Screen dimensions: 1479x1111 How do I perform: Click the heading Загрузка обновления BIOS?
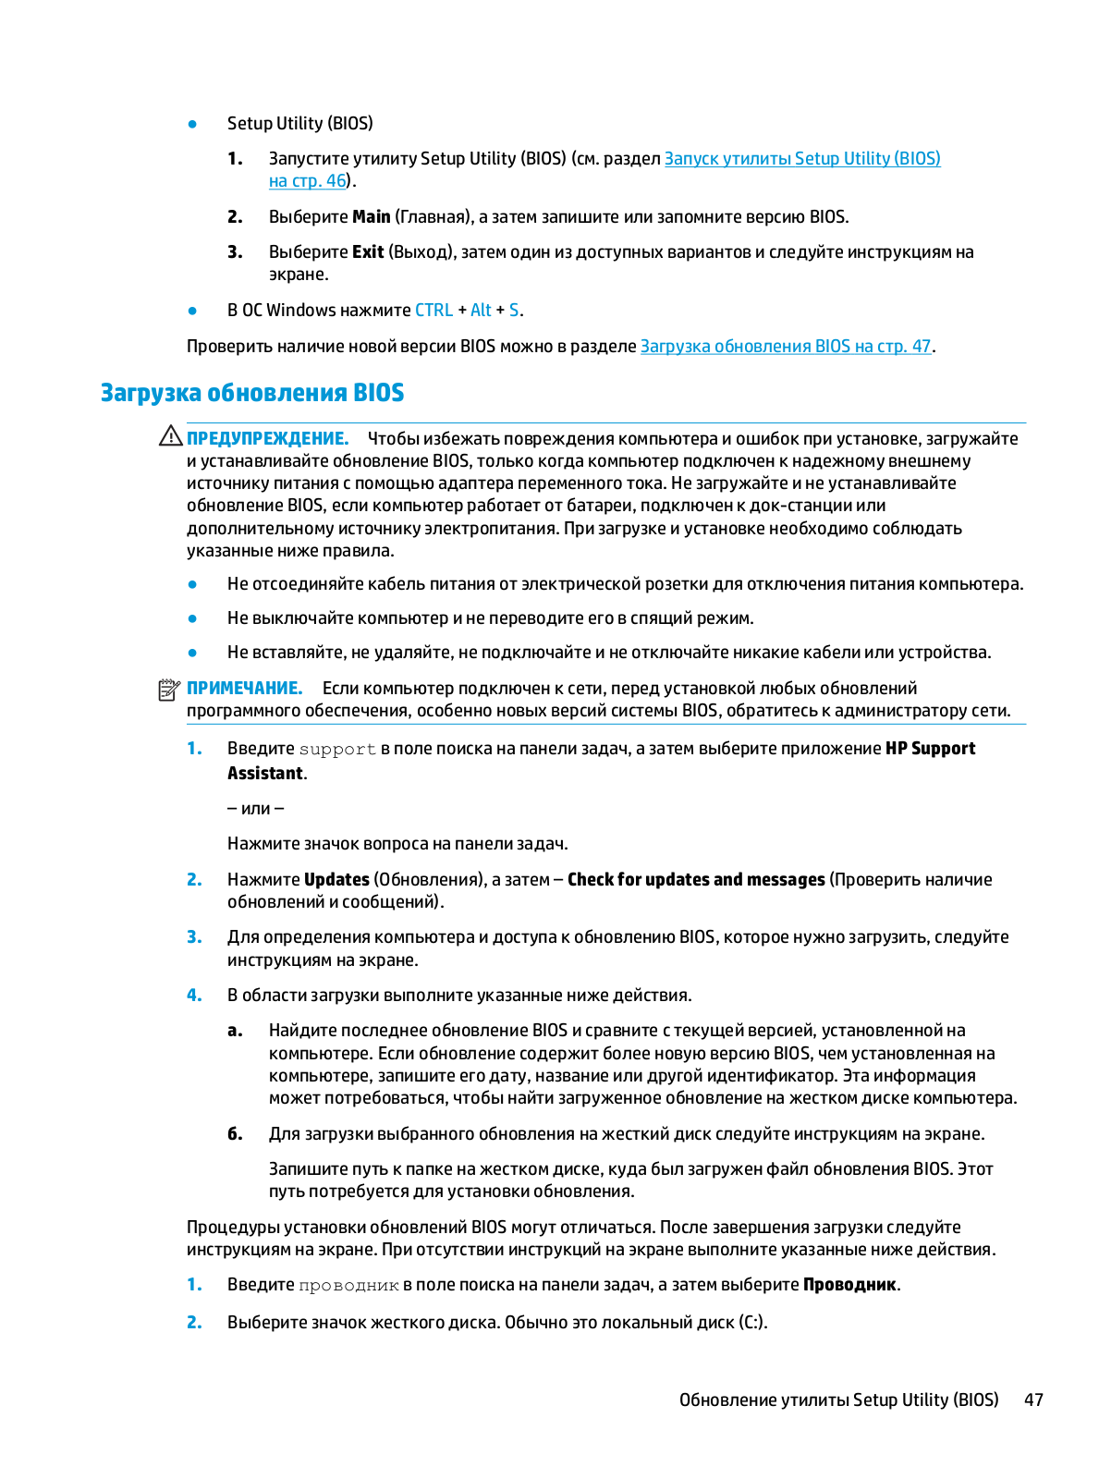252,393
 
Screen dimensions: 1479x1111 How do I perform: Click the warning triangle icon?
170,436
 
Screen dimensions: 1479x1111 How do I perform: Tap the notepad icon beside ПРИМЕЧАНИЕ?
168,690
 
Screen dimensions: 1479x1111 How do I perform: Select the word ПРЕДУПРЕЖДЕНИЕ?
267,439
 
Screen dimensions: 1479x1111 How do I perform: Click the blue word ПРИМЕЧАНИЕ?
244,689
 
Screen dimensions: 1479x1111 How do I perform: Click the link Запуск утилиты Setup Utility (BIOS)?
801,159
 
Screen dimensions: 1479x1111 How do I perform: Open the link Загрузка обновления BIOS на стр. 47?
785,347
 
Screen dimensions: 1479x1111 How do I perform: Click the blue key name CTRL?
433,311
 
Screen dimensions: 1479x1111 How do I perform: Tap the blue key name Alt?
481,311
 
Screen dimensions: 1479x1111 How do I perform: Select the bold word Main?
371,217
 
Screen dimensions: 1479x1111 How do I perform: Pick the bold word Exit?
367,252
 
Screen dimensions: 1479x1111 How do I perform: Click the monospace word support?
337,750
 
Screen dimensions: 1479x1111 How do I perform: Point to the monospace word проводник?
348,1286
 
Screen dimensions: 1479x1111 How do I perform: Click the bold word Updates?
336,880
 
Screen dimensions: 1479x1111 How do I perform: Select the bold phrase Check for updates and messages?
695,880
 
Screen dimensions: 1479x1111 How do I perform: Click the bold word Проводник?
849,1285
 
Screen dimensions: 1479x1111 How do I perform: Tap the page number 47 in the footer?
1033,1400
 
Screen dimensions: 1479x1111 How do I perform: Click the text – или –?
255,809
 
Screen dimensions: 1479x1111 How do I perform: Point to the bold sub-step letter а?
235,1031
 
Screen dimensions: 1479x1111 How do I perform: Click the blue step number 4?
193,996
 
